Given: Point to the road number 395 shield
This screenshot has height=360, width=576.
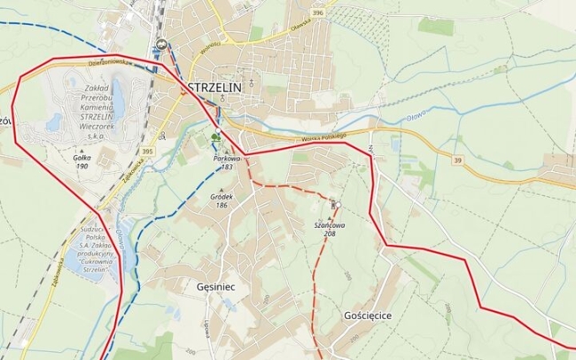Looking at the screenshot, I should (x=147, y=153).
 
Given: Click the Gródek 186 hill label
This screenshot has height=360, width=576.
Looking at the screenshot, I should (x=221, y=200).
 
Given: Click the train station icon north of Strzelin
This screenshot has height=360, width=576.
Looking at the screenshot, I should (x=160, y=43).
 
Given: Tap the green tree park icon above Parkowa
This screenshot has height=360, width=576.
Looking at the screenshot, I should (x=216, y=137).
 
